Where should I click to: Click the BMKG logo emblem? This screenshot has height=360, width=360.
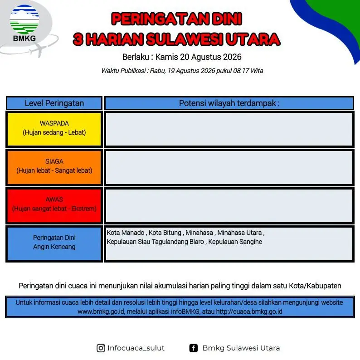click(24, 19)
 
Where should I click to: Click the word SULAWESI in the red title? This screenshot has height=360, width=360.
click(184, 39)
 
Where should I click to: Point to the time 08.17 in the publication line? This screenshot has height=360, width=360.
click(241, 71)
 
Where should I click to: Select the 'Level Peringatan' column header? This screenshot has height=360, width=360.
click(54, 103)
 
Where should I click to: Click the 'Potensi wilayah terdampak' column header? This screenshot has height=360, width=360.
click(229, 103)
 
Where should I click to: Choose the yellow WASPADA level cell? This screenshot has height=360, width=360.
click(54, 129)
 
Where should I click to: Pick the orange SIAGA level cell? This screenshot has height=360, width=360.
click(54, 167)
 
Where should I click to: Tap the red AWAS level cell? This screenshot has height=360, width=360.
click(54, 205)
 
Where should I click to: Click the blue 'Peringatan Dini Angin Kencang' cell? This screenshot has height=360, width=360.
click(54, 243)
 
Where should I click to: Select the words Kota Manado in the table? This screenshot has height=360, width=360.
click(126, 233)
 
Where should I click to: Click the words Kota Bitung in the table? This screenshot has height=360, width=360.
click(165, 233)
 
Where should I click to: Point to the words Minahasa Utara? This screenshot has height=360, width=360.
click(239, 233)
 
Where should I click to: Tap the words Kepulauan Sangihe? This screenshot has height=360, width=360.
click(235, 242)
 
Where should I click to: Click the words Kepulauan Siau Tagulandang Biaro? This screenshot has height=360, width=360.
click(156, 242)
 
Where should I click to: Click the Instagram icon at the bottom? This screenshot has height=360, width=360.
click(101, 348)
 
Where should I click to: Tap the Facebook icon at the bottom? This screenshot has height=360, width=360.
click(193, 348)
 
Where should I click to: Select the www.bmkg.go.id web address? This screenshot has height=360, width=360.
click(101, 311)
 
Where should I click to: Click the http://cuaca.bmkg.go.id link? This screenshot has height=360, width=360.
click(249, 311)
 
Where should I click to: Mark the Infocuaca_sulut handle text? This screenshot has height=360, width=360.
click(136, 348)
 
